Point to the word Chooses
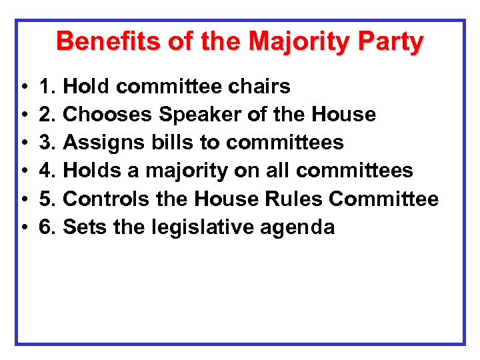[107, 115]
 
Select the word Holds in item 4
[91, 171]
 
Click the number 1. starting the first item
[48, 87]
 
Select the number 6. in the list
[48, 227]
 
